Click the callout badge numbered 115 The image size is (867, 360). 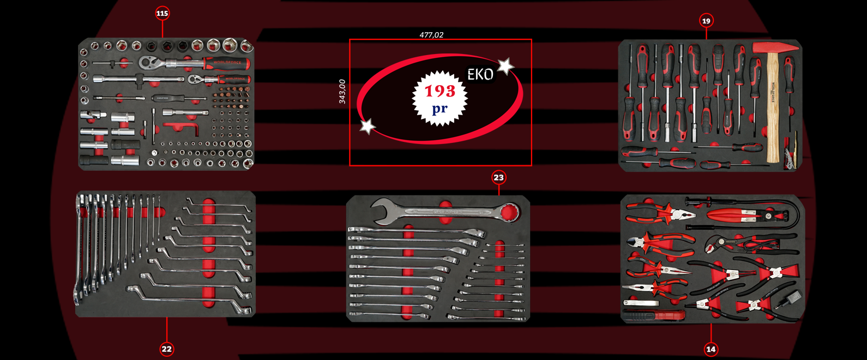(162, 14)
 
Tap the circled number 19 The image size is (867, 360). (706, 21)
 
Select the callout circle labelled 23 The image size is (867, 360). (498, 178)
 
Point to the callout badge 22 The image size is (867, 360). (166, 349)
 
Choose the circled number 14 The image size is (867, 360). (711, 349)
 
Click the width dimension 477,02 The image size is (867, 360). (431, 35)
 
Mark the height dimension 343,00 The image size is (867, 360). (342, 92)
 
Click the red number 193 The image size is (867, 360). (439, 91)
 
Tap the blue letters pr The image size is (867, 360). (439, 109)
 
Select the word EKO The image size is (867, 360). (480, 75)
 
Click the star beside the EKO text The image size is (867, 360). (505, 67)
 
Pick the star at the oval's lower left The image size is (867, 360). (368, 127)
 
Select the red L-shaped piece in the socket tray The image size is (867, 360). (180, 129)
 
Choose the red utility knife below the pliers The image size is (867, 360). (654, 315)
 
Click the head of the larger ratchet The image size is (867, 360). (148, 62)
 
